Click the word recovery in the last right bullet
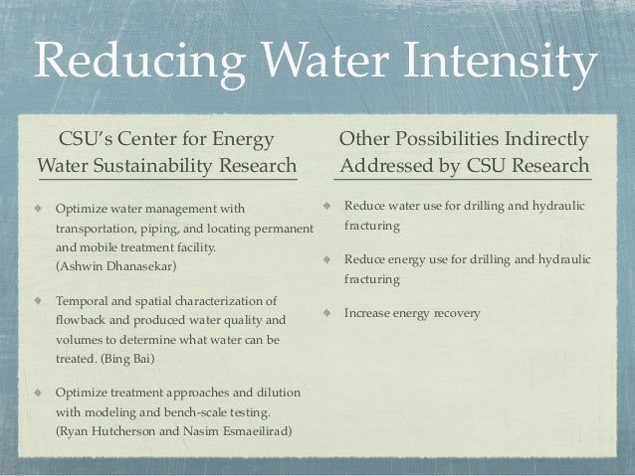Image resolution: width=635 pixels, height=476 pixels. click(x=457, y=314)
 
